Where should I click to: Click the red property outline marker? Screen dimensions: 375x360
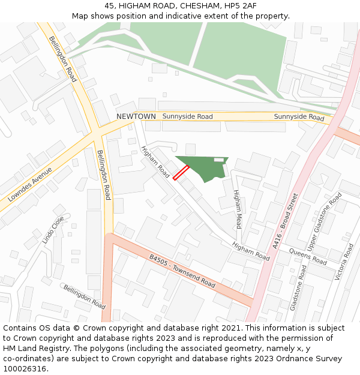(x=181, y=173)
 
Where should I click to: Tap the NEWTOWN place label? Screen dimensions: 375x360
(x=136, y=116)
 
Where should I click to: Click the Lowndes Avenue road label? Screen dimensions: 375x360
(x=31, y=184)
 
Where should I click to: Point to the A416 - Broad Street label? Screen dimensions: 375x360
(x=285, y=221)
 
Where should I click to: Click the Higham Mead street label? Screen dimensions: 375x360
(x=238, y=209)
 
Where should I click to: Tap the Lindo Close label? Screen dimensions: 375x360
(x=53, y=229)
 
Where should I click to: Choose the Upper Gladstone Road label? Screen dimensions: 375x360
(x=324, y=214)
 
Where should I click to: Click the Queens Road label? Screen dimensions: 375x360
(x=308, y=257)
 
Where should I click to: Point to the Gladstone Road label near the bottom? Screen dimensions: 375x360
(x=298, y=288)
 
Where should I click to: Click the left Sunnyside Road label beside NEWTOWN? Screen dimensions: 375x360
(x=187, y=116)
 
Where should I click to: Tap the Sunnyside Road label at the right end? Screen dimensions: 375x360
(x=299, y=117)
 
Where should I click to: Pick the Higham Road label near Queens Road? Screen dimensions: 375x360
(x=251, y=251)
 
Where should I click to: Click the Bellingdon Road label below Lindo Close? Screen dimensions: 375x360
(x=85, y=297)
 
